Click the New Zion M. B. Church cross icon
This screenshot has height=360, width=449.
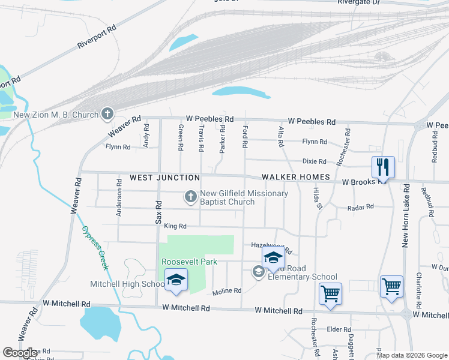coord(107,113)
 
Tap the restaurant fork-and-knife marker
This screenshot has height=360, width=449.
coord(382,166)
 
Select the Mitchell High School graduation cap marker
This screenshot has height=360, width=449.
coord(176,280)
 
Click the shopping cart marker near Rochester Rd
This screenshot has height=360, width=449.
coord(330,294)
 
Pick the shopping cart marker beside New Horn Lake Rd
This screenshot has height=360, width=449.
coord(391,287)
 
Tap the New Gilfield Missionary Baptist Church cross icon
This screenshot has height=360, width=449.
coord(190,197)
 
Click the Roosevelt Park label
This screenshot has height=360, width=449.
coord(189,262)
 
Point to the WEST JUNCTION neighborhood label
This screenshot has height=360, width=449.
coord(164,178)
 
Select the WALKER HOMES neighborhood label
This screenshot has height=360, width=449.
coord(295,177)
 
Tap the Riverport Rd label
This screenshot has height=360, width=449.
coord(97,37)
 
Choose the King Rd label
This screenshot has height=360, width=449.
coord(175,226)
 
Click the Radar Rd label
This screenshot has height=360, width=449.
coord(360,207)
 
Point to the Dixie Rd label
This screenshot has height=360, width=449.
coord(314,161)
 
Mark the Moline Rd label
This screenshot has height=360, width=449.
coord(227,291)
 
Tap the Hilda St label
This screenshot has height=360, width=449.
coord(319,197)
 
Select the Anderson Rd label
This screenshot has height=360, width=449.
coord(119,202)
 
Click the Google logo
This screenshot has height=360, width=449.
coord(20,353)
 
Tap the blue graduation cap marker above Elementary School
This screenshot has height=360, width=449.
coord(273,258)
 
